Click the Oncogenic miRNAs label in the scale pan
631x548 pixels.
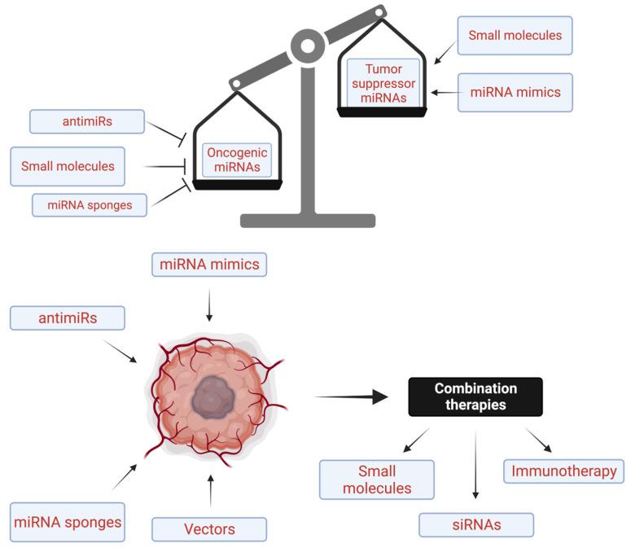click(237, 160)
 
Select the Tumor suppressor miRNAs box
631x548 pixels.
click(383, 83)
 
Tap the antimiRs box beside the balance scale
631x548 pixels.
click(87, 121)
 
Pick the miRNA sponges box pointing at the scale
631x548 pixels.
click(90, 205)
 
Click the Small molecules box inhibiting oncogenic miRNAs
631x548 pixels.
click(68, 166)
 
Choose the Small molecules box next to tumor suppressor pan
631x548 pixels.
click(515, 35)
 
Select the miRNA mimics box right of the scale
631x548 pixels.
click(515, 93)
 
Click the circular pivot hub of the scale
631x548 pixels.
click(308, 46)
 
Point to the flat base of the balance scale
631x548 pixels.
click(308, 221)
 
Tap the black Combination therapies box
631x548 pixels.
click(475, 397)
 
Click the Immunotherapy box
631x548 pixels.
click(563, 471)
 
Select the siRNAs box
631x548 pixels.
click(476, 524)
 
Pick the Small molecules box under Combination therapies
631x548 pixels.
click(377, 480)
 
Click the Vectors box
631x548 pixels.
click(209, 529)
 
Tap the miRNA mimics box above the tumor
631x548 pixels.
click(209, 265)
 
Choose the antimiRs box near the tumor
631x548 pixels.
click(68, 318)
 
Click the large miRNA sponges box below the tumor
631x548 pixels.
click(68, 522)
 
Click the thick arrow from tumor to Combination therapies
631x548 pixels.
click(351, 397)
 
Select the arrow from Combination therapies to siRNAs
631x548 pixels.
click(475, 465)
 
